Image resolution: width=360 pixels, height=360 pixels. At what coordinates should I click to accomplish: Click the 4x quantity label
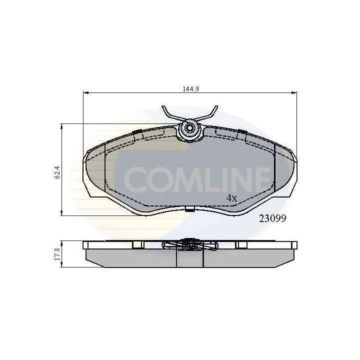[x=230, y=197]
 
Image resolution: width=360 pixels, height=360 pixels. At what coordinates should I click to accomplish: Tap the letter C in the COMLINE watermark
[x=135, y=178]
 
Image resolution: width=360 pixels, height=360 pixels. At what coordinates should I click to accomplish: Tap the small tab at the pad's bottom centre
[x=189, y=209]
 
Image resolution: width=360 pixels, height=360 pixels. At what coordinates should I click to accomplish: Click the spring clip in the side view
[x=190, y=244]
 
